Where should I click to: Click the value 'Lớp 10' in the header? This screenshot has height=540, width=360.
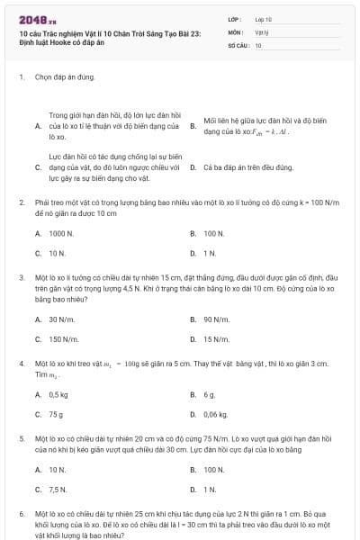point(263,18)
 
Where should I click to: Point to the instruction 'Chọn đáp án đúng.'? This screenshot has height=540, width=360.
point(65,77)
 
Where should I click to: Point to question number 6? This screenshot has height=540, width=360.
point(21,512)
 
